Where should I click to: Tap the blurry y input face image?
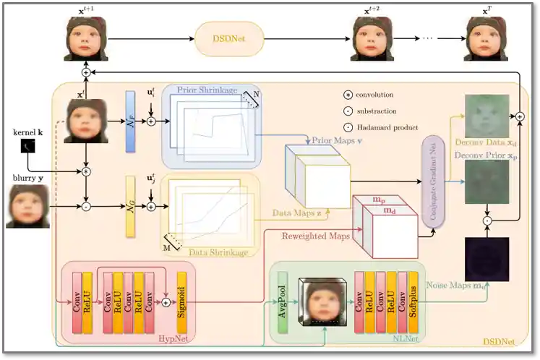pos(28,206)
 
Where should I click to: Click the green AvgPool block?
pos(283,301)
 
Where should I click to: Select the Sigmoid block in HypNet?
pos(181,301)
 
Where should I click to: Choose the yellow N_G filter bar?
pos(130,206)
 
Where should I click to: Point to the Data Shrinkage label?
pos(218,252)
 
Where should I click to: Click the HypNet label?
pos(170,338)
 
